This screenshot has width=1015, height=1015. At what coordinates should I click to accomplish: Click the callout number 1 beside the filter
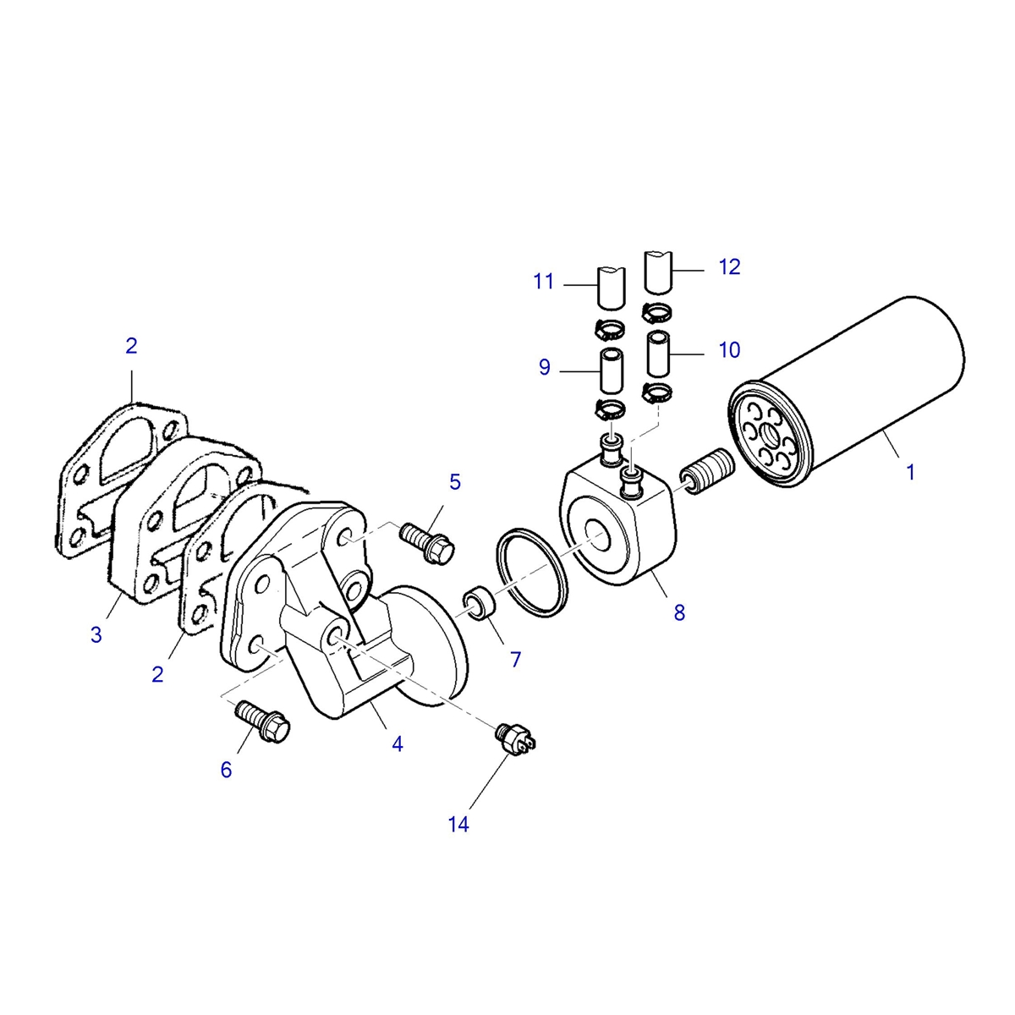(910, 472)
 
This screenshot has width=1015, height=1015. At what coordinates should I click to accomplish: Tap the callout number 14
(458, 825)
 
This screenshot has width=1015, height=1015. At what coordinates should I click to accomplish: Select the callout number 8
(679, 612)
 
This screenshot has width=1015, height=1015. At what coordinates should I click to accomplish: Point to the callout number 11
(544, 282)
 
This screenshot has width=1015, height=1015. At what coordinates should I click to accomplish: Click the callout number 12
(729, 267)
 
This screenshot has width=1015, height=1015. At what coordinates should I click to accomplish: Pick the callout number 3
(96, 634)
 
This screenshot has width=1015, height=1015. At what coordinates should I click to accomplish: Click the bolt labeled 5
(426, 542)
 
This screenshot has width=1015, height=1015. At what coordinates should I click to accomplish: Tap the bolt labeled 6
(261, 721)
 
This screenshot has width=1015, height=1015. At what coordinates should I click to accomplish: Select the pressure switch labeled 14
(516, 737)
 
